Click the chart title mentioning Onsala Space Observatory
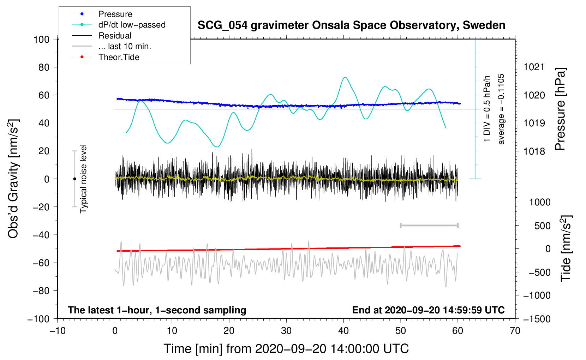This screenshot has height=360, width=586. point(351,25)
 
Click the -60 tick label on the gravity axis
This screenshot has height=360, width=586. point(41,263)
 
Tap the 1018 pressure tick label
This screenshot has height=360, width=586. point(534,151)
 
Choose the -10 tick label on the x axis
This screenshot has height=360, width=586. point(58,331)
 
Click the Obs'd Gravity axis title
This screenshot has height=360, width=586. point(13,179)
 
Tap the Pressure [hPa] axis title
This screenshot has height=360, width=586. point(560,109)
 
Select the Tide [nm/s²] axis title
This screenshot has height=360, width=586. point(566,248)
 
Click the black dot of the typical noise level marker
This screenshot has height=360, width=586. point(74,179)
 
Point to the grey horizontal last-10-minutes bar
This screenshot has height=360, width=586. point(429,225)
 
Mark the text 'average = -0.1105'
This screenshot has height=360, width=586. point(501,109)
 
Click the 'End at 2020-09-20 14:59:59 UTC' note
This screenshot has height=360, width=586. point(428,310)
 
